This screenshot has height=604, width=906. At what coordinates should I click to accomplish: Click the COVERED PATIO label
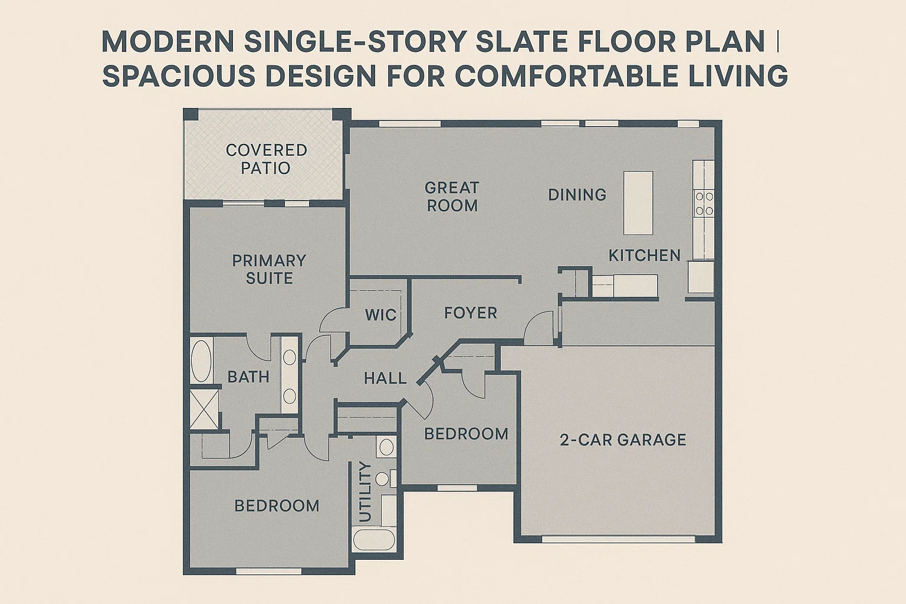266,159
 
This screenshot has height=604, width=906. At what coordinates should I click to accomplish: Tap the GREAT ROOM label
452,196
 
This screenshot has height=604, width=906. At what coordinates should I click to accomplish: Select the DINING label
577,195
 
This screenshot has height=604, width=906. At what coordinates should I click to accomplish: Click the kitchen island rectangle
638,202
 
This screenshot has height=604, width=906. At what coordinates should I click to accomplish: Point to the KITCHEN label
644,255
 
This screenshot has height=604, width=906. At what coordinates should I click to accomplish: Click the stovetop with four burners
704,203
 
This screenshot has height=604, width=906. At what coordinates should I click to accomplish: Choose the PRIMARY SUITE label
269,269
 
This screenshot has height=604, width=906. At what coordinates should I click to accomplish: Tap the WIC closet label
380,315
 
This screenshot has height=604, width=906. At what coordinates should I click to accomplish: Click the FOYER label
470,313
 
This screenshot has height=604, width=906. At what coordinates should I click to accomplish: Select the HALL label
385,378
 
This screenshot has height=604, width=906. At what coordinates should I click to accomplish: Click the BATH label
248,377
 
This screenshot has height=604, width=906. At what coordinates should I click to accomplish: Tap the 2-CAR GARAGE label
622,439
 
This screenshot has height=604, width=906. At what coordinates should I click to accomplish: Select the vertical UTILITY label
365,493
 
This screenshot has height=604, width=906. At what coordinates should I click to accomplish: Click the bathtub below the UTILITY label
375,540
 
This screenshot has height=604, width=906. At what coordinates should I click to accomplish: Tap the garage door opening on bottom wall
619,538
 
